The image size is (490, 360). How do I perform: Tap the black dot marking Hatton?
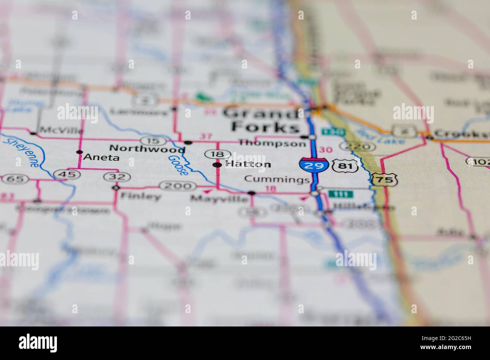[217, 165]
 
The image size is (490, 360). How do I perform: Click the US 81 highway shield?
[341, 166]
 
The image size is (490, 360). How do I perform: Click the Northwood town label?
[147, 149]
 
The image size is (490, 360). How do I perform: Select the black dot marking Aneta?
[79, 153]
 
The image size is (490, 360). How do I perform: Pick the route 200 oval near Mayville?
[178, 186]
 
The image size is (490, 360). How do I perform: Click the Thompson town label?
[273, 143]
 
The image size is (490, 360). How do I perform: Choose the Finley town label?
[140, 197]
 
